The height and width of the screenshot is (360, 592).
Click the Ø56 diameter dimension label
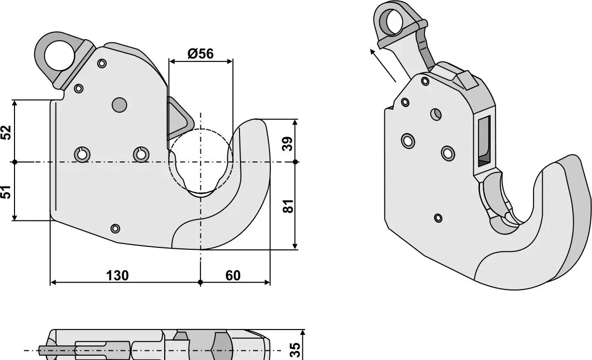200,54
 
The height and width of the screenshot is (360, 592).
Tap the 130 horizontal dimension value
117,275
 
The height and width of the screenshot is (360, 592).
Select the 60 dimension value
233,275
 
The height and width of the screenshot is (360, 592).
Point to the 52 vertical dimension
6,132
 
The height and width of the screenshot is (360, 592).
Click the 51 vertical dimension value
6,192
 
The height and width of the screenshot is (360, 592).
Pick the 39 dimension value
287,144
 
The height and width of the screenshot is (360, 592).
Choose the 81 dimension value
288,206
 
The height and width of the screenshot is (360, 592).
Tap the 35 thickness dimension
295,350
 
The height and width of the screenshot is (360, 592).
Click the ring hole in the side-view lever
60,56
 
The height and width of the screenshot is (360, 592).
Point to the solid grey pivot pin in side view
119,105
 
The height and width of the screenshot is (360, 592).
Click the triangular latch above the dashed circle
180,118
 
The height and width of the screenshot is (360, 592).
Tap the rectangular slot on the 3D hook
484,142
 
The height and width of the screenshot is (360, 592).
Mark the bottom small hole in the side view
115,229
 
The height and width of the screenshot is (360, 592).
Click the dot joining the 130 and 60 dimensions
200,282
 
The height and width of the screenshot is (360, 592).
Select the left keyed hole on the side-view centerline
82,155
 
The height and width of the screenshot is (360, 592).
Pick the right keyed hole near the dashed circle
141,155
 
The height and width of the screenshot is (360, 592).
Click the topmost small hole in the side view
102,63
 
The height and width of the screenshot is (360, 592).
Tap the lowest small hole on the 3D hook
438,218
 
